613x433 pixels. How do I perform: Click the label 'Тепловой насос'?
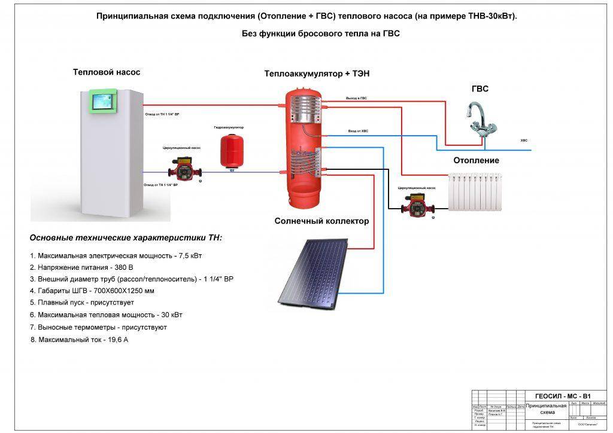pos(107,72)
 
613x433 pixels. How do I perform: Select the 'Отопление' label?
pos(476,160)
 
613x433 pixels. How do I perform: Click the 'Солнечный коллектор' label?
pos(321,221)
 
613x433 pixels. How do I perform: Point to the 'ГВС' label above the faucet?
pos(480,89)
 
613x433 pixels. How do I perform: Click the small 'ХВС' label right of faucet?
pos(524,141)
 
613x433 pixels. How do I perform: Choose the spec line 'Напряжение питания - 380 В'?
pos(81,267)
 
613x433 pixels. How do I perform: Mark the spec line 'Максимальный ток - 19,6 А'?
pos(80,340)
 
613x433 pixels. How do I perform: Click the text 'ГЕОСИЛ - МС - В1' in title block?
pos(562,396)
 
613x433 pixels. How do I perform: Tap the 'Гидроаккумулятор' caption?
pos(229,127)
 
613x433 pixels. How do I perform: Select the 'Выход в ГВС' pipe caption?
pos(356,97)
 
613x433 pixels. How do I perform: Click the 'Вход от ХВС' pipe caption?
pos(358,131)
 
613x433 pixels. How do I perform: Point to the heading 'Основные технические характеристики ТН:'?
pos(126,237)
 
